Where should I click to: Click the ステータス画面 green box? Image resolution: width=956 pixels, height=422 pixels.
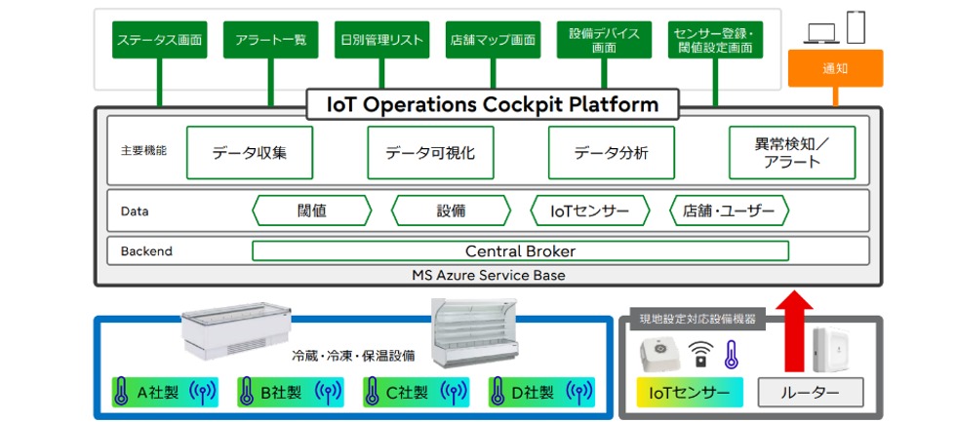[159, 40]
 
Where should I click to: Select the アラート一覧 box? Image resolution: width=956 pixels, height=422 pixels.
[270, 40]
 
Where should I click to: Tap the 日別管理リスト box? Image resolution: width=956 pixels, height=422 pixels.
[381, 40]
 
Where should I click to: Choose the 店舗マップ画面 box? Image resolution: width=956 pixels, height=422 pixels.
[493, 40]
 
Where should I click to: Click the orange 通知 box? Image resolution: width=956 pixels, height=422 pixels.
[834, 68]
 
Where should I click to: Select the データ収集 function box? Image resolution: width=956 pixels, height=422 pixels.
[249, 153]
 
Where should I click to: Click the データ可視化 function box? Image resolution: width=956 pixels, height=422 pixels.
[430, 153]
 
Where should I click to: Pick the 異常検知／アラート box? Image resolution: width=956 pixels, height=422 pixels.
[791, 153]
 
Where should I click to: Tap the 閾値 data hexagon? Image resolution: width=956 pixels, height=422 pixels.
[311, 211]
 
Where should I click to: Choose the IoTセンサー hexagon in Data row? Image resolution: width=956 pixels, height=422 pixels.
[590, 211]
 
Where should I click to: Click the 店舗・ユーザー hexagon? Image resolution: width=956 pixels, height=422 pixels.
[729, 211]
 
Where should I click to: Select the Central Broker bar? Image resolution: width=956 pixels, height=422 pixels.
[520, 251]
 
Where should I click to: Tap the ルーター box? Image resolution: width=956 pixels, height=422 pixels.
[811, 393]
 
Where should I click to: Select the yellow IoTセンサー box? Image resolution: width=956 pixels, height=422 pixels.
[689, 393]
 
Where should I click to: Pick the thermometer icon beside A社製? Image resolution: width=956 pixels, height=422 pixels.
[122, 393]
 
